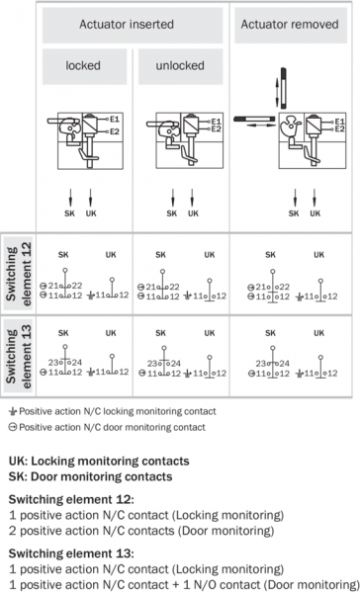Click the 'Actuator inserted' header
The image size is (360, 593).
(127, 24)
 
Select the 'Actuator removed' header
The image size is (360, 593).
(290, 24)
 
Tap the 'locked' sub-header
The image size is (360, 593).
(83, 65)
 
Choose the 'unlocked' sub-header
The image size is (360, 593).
(180, 65)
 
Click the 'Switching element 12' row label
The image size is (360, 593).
(18, 274)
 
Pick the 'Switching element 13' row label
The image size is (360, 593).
(18, 356)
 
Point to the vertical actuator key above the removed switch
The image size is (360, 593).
(283, 88)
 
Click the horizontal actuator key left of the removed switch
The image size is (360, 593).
(254, 119)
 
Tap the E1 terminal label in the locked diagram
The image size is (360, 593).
(115, 120)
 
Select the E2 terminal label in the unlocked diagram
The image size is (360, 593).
(216, 128)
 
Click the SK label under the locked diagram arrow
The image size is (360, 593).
(69, 213)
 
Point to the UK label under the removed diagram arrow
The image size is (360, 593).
(315, 213)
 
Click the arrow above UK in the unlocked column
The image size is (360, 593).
(192, 198)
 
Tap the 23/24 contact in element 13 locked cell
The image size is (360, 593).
(65, 363)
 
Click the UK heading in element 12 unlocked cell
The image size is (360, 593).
(210, 255)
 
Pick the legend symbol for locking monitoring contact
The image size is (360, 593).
(13, 411)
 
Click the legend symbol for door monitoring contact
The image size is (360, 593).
(13, 427)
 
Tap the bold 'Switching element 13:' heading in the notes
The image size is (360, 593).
(71, 553)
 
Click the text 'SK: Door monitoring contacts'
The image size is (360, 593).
(90, 476)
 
